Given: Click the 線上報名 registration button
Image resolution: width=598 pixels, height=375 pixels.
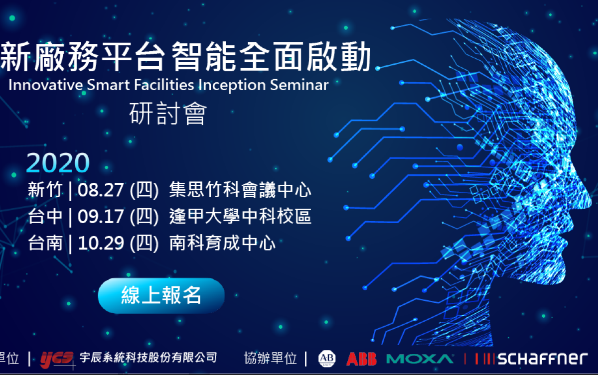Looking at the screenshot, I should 161,295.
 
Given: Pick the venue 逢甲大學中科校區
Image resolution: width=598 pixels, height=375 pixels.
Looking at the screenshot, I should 240,217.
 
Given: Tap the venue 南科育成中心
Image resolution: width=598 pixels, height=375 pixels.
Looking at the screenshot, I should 222,244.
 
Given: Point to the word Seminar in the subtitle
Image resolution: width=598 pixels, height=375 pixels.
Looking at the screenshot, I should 299,85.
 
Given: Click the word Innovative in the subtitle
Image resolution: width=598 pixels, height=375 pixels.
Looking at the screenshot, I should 39,85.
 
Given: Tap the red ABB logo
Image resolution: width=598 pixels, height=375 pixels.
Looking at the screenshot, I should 361,359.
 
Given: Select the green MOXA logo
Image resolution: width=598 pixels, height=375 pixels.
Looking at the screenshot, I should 420,359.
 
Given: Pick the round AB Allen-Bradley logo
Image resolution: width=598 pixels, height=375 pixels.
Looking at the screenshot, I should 327,359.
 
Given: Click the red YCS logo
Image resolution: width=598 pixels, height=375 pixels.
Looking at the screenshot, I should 56,358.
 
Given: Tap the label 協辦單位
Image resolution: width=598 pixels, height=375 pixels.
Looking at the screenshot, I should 271,358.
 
